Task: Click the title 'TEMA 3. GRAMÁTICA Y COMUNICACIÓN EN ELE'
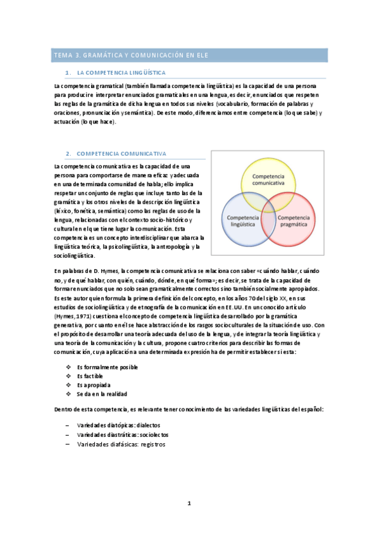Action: tap(131, 56)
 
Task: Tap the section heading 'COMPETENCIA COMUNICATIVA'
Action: tap(121, 154)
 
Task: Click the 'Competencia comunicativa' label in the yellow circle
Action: tap(273, 179)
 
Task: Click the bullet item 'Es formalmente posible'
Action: tap(107, 367)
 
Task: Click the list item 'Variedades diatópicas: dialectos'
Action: tap(118, 426)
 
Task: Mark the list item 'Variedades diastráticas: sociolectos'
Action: tap(122, 435)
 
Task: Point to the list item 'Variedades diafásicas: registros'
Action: tap(120, 445)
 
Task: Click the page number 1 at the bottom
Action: tap(189, 503)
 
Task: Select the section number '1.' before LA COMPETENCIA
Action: tap(69, 73)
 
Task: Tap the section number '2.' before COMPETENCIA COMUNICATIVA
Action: tap(68, 154)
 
